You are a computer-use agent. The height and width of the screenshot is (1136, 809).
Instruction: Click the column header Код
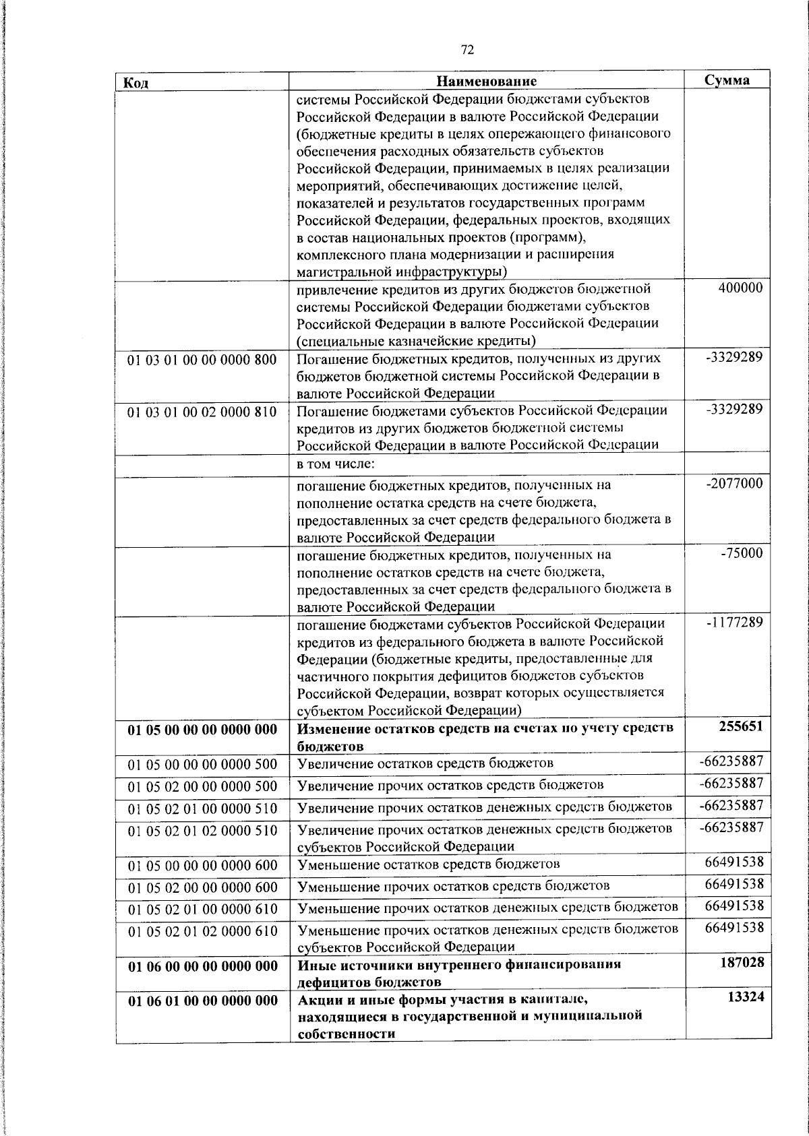click(136, 83)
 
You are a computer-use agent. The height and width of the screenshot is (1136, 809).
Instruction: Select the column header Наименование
click(486, 82)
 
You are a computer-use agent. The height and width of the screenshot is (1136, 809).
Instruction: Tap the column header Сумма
click(727, 80)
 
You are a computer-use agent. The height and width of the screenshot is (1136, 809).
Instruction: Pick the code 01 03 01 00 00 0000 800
click(202, 360)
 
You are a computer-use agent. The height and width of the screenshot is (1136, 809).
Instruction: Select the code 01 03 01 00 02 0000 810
click(202, 412)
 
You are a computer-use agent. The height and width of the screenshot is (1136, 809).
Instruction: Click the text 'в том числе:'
click(336, 464)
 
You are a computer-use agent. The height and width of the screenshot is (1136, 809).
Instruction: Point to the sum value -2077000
click(734, 484)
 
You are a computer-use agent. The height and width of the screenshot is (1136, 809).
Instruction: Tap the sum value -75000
click(742, 554)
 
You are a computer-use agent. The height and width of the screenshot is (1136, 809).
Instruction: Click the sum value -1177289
click(734, 623)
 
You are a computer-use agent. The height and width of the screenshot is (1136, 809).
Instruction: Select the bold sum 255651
click(741, 726)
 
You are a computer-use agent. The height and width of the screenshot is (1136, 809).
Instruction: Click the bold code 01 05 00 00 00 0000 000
click(202, 730)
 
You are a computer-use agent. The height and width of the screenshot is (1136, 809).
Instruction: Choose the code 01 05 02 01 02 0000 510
click(202, 830)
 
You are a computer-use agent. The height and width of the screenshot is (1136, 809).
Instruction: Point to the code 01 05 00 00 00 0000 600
click(202, 865)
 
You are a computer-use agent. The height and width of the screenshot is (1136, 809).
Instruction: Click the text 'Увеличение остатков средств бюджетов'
click(425, 763)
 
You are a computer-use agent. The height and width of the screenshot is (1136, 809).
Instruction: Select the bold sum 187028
click(741, 963)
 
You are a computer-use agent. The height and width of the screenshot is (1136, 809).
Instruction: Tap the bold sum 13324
click(746, 997)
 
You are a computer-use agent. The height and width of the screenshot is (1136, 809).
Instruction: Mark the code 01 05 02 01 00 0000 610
click(202, 909)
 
